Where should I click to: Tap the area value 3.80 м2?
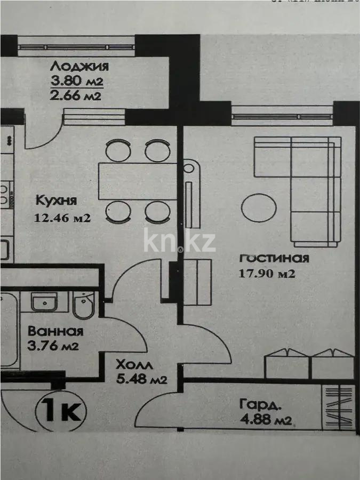coord(76,82)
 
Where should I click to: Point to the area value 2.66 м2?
coord(75,96)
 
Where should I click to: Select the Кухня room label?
coord(57,201)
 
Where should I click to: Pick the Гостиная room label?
coord(274,259)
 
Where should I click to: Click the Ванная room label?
coord(55,331)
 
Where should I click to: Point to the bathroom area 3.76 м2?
coord(53,346)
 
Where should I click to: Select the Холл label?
coord(135,365)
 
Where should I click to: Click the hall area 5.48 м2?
coord(142,380)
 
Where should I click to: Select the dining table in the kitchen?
coord(138,181)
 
